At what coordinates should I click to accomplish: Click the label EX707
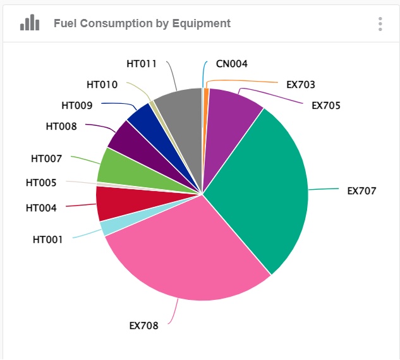click(361, 190)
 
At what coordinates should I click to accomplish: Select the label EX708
click(143, 326)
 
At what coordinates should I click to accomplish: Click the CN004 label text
click(231, 64)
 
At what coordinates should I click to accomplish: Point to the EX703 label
click(300, 84)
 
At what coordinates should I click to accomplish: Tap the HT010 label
click(102, 84)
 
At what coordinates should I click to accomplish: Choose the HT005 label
click(41, 183)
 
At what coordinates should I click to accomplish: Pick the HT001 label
click(47, 240)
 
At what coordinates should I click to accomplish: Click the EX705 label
click(325, 105)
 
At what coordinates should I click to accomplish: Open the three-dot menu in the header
click(380, 24)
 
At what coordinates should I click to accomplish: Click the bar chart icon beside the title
click(30, 23)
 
